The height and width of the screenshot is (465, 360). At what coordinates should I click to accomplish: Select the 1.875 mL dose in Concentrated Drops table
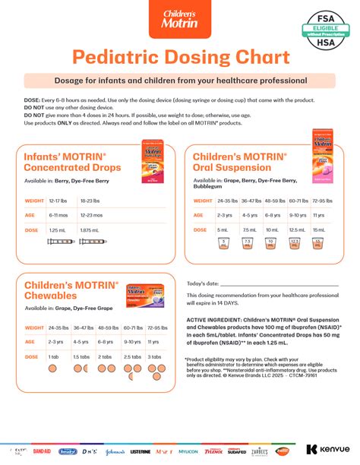(x=90, y=229)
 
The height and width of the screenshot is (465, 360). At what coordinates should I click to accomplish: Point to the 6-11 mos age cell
(x=58, y=215)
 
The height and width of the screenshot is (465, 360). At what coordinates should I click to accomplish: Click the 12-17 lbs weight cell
(x=58, y=201)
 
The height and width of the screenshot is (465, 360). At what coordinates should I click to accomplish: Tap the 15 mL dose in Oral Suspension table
(x=319, y=229)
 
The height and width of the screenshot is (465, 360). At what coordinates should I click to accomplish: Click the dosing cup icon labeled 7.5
(x=248, y=244)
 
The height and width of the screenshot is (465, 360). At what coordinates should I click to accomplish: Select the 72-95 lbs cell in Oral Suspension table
(x=322, y=201)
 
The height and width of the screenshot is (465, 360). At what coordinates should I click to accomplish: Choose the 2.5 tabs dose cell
(x=132, y=356)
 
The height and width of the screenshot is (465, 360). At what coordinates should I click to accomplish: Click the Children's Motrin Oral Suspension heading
(x=239, y=161)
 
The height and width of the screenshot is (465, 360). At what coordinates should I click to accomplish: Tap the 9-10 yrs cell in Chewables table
(x=132, y=342)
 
